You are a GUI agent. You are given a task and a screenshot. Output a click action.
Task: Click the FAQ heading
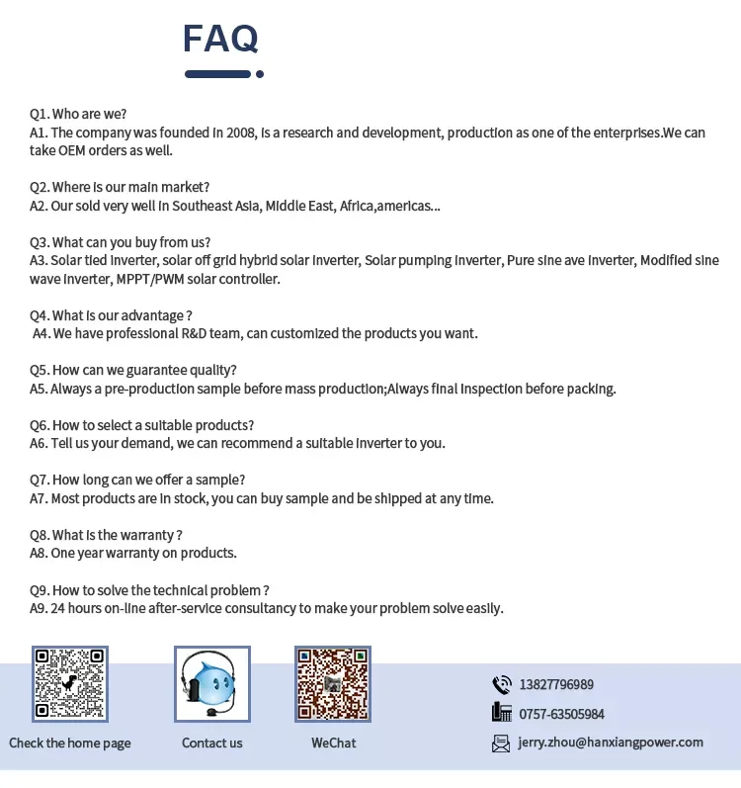(220, 39)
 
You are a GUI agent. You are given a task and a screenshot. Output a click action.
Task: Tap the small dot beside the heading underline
(260, 73)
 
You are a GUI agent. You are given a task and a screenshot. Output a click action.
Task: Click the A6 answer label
(39, 443)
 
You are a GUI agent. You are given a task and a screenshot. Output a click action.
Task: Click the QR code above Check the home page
(69, 683)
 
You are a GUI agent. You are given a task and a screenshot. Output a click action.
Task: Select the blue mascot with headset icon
(211, 683)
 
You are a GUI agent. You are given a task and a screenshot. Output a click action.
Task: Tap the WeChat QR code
(333, 683)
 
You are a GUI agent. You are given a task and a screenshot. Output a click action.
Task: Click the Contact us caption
(211, 743)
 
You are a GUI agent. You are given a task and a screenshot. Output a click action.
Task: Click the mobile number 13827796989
(555, 684)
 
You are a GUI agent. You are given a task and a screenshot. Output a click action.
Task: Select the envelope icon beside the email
(501, 743)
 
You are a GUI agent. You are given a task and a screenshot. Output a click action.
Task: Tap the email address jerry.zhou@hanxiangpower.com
(610, 743)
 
